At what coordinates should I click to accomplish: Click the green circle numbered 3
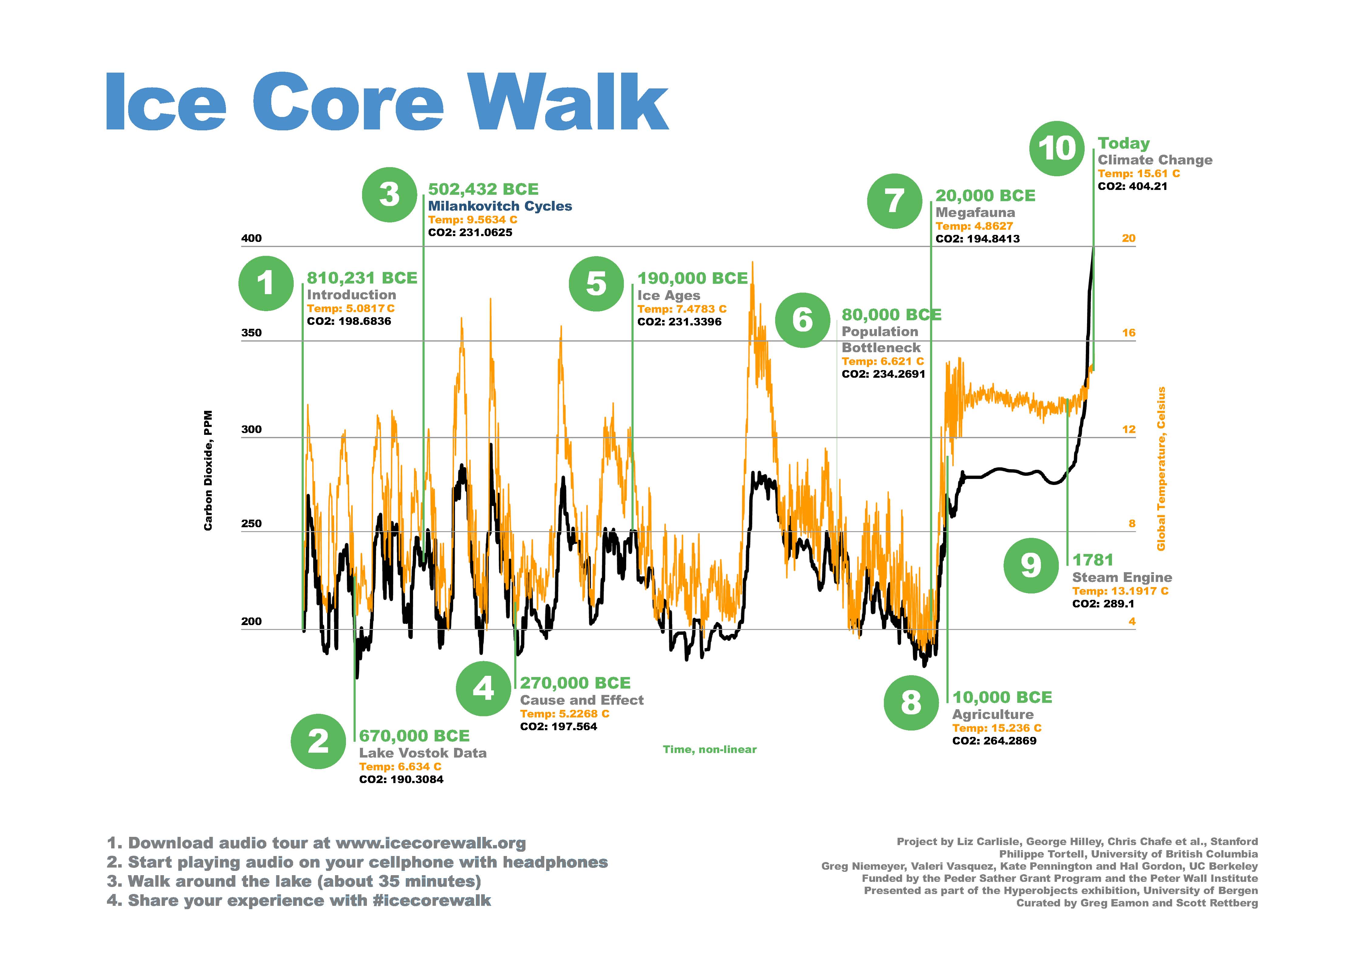click(x=389, y=194)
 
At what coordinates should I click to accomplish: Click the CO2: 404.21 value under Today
click(x=1132, y=186)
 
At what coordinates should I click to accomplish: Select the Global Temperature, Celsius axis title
click(x=1161, y=469)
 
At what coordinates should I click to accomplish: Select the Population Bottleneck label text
click(x=881, y=340)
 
